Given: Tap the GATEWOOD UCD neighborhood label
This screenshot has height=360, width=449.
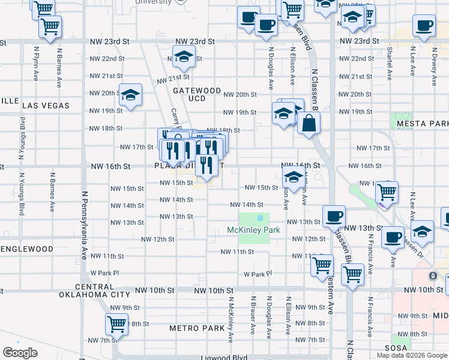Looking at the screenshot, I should pos(197,94).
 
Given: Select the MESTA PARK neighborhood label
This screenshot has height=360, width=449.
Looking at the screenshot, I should pos(423,124).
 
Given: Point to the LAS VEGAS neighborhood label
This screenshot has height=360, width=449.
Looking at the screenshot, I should pos(46,105).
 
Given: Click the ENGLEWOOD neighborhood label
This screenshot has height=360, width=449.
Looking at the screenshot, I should pos(35,248).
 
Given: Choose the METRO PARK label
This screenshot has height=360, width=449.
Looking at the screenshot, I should pos(196,328).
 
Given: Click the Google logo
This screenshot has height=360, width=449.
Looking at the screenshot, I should pos(20,352).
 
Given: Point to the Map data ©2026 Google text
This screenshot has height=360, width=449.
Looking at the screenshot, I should pos(412,355).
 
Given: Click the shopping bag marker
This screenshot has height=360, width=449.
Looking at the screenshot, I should pos(308,124).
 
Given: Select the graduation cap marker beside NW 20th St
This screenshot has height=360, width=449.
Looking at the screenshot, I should pos(130,95).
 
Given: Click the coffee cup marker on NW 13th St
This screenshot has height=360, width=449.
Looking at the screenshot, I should pos(334,217).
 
